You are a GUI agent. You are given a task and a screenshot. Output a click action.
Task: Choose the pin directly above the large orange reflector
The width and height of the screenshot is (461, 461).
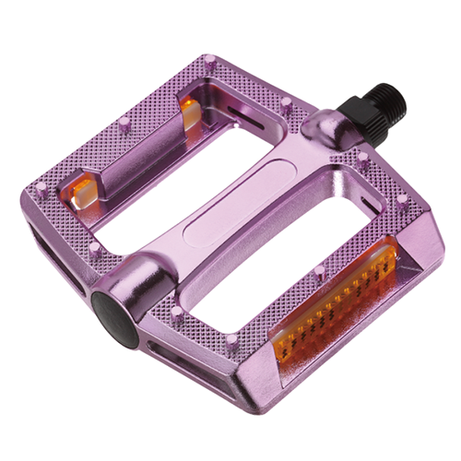tap(319, 271)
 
